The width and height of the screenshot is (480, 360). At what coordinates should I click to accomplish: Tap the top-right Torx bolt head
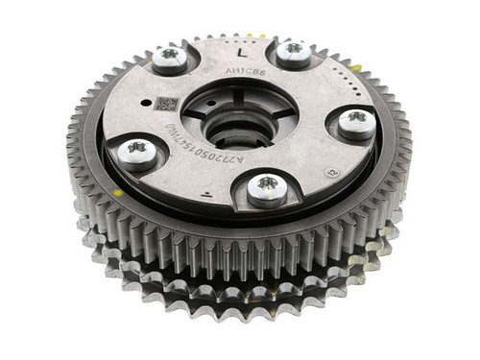294,49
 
